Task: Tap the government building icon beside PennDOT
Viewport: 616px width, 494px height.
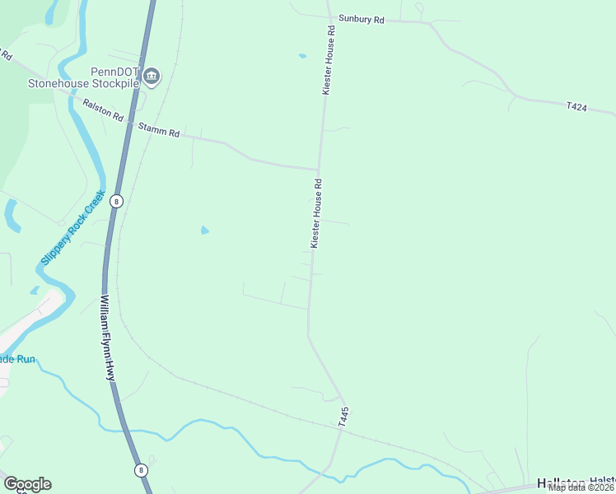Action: (152, 77)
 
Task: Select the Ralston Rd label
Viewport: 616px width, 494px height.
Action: (102, 111)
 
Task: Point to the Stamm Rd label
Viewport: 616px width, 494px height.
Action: (159, 130)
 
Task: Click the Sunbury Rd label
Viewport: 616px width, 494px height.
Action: (362, 18)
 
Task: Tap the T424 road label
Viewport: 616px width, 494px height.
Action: (576, 106)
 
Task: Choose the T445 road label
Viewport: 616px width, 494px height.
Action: (344, 416)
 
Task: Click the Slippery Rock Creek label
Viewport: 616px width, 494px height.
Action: (73, 229)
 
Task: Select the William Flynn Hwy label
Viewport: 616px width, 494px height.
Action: (106, 338)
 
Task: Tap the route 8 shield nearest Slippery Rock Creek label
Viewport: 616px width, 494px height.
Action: (117, 200)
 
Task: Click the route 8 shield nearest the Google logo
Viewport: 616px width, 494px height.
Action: (141, 470)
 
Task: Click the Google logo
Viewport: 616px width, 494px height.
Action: (27, 484)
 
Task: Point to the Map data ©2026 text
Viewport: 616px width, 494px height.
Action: (581, 487)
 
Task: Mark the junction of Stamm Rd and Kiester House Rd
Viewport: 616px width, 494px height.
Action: (319, 170)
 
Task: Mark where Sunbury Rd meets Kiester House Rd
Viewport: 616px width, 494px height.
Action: (329, 17)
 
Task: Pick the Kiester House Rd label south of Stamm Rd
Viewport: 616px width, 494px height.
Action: (316, 214)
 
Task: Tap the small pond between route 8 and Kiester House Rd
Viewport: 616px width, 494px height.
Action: (205, 231)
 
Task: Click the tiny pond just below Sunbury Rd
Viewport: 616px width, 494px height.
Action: (302, 56)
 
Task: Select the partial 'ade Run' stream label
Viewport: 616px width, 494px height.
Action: (17, 359)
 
